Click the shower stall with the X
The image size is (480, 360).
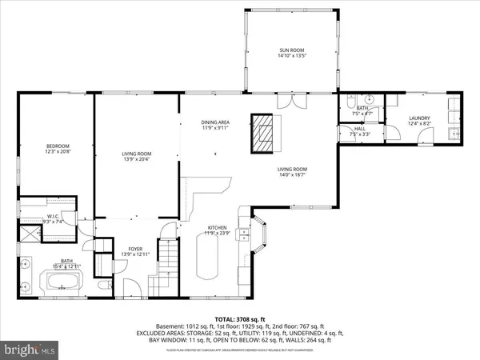coord(31,234)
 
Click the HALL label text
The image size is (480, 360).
coord(361,128)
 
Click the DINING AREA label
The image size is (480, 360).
coord(214,122)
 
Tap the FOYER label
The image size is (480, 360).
coord(135,249)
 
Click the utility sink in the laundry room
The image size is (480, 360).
coord(453,133)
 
